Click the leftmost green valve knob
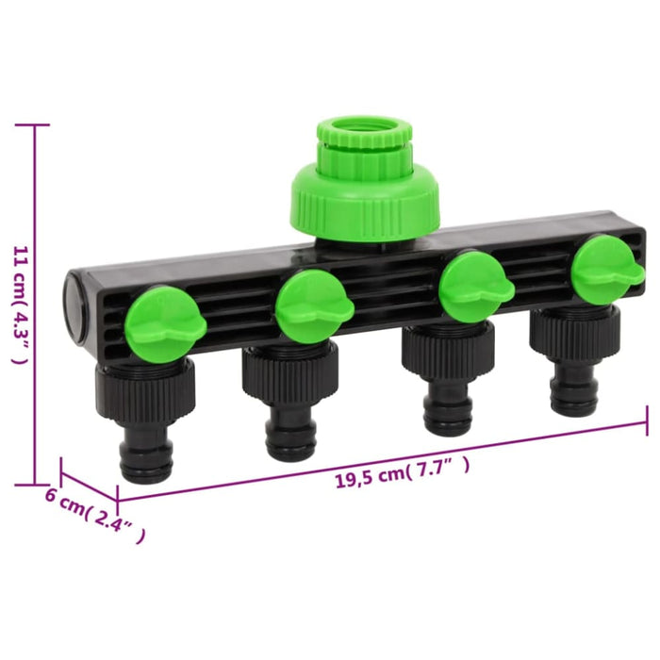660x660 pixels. (x=165, y=323)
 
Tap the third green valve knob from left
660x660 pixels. (x=474, y=285)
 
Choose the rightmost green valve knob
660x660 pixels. (x=606, y=268)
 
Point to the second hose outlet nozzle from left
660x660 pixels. (x=290, y=432)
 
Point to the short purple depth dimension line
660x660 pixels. (x=89, y=480)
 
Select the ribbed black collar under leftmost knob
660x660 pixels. (x=145, y=388)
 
